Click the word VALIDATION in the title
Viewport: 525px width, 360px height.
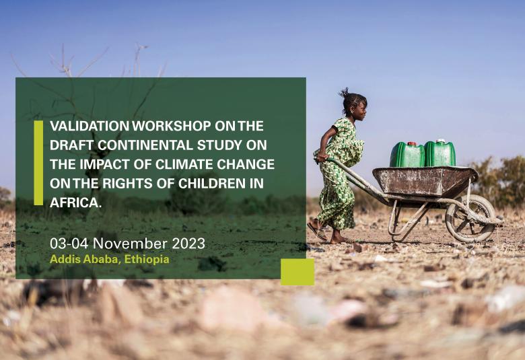(90, 126)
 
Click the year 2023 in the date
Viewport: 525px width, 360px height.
(188, 244)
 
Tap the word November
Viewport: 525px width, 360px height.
(131, 244)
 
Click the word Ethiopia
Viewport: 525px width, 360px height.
(147, 259)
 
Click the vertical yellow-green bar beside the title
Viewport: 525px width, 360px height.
(38, 163)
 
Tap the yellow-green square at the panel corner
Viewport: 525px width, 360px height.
(297, 272)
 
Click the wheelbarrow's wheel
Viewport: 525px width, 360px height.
(470, 218)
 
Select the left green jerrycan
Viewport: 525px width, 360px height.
(407, 154)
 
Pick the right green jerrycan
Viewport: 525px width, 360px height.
(440, 153)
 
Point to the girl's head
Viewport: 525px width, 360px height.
(353, 106)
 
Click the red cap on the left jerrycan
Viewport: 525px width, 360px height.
(411, 144)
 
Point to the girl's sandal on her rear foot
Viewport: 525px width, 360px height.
(318, 230)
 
